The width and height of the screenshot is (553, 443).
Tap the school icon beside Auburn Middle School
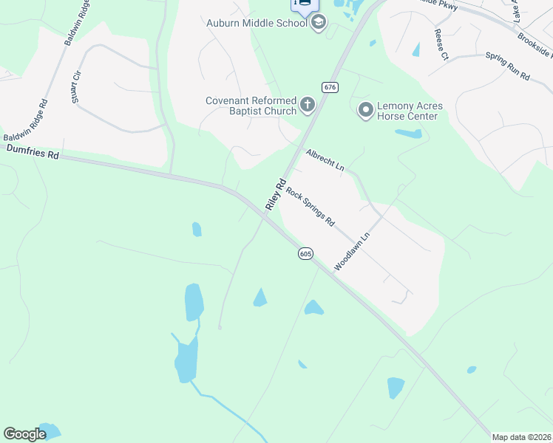tap(319, 22)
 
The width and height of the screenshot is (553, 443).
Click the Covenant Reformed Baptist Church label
tap(251, 106)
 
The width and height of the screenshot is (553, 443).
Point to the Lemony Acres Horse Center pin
tap(365, 111)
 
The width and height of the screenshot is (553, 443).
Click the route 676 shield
tap(330, 87)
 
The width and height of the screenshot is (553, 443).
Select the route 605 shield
tap(305, 254)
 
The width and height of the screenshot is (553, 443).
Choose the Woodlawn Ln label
tap(351, 253)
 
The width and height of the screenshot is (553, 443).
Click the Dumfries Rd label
tap(32, 152)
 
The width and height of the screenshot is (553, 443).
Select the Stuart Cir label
tap(76, 88)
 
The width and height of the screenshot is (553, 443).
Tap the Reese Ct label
tap(441, 44)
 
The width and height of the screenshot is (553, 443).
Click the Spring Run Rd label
tap(508, 66)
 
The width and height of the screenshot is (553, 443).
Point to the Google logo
tap(24, 434)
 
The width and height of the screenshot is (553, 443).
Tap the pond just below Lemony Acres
tap(408, 134)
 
